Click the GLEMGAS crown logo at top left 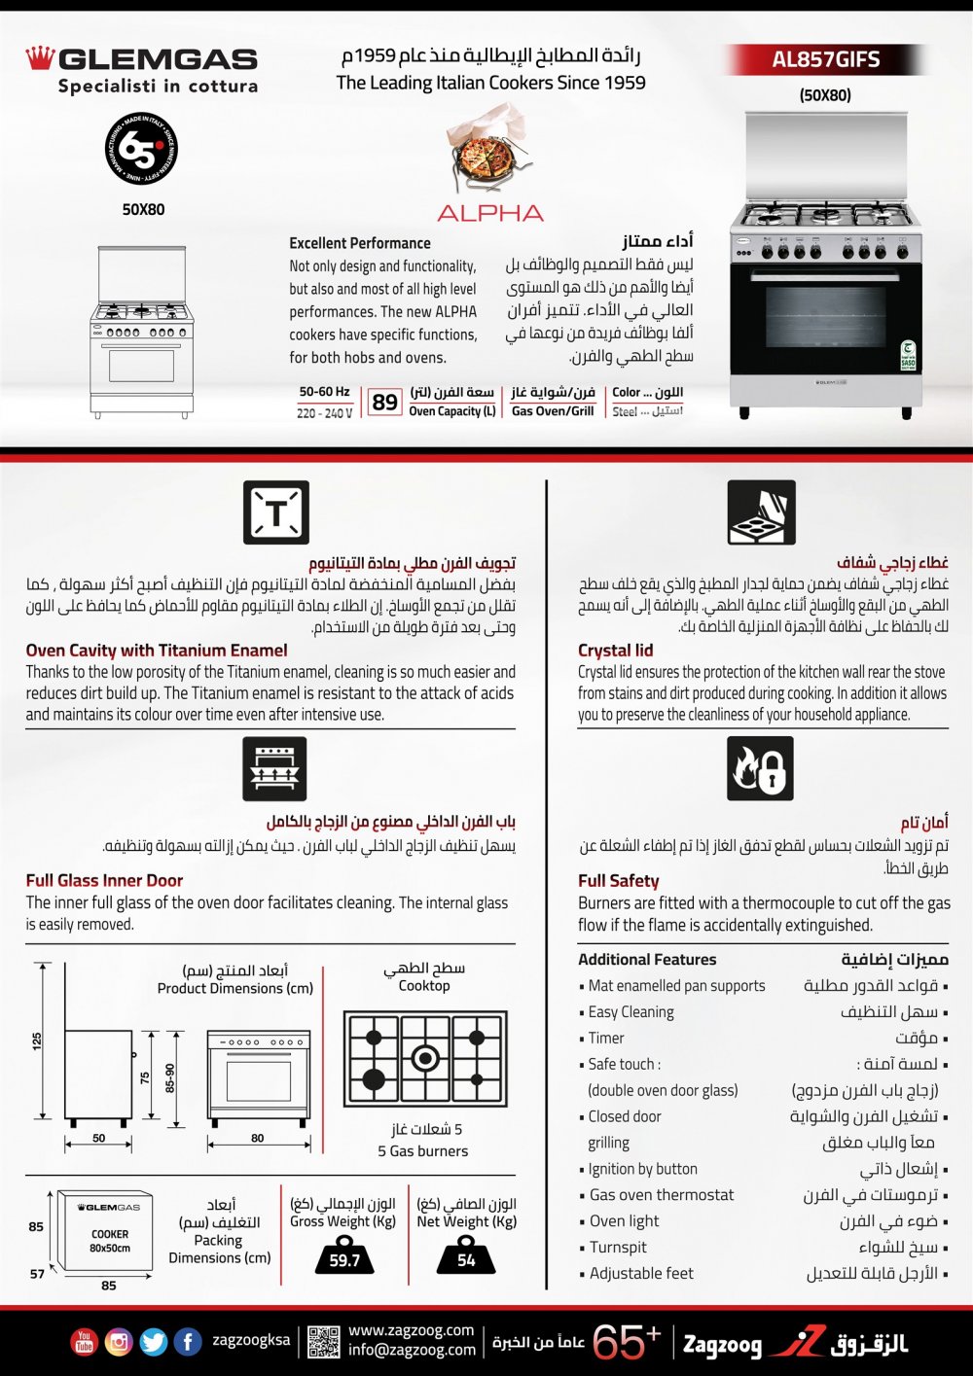tap(39, 58)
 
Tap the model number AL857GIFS tap(825, 59)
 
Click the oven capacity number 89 tap(385, 402)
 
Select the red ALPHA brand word tap(489, 213)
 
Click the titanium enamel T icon tap(276, 512)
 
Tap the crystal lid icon tap(761, 512)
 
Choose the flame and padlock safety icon tap(760, 768)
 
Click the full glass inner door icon tap(274, 768)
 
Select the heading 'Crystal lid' tap(615, 651)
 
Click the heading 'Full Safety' tap(619, 881)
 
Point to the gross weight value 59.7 tap(344, 1260)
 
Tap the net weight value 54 tap(466, 1260)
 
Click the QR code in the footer tap(323, 1342)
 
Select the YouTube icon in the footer tap(85, 1342)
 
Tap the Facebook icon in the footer tap(188, 1342)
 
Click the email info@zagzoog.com tap(412, 1350)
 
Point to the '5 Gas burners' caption tap(422, 1151)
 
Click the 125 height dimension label tap(37, 1041)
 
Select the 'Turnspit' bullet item tap(618, 1248)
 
